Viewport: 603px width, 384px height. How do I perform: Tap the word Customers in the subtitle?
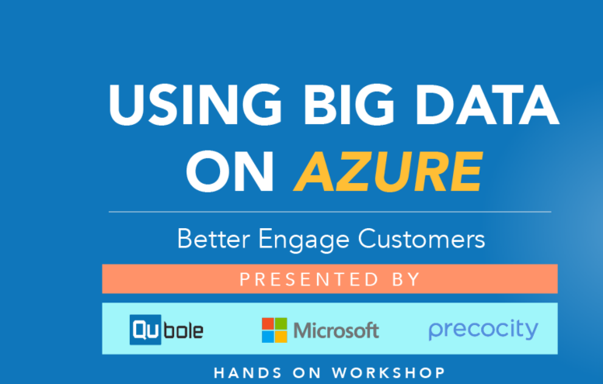(421, 238)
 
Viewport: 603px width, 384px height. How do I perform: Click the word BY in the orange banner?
(406, 279)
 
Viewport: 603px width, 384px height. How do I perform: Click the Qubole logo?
(166, 330)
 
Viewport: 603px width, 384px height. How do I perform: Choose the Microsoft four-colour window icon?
(274, 330)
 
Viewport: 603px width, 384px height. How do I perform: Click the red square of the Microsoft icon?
(268, 323)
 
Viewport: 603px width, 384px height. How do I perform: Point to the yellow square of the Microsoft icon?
(281, 337)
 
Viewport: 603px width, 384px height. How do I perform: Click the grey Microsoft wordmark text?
(336, 330)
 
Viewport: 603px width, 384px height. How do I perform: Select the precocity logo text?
(483, 330)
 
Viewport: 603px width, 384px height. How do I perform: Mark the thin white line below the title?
(329, 211)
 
